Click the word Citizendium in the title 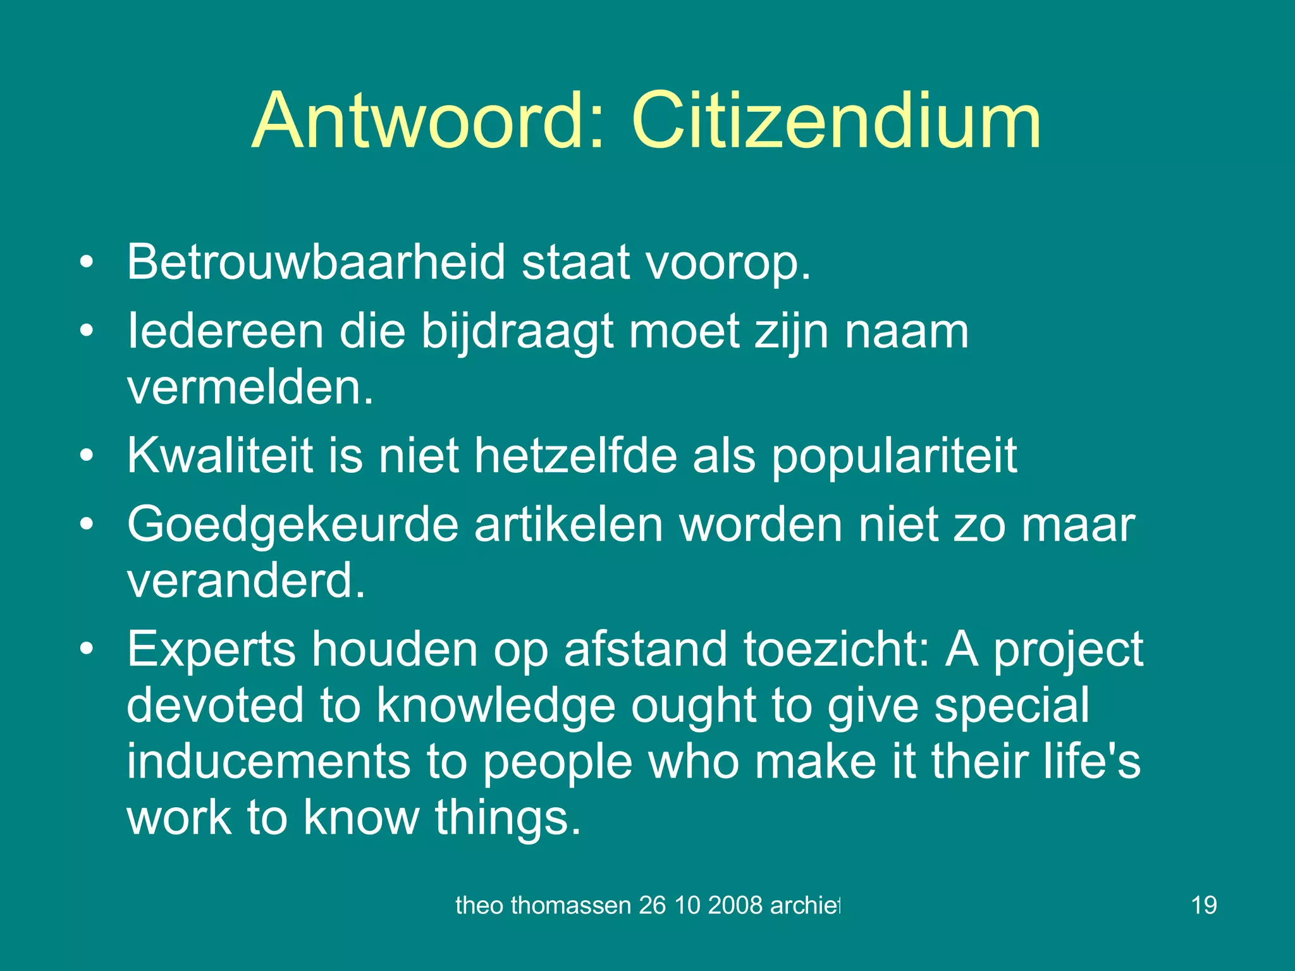coord(835,120)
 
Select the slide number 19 coord(1203,905)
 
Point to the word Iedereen coord(225,331)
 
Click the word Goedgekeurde coord(292,524)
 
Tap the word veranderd coord(246,580)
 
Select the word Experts coord(211,649)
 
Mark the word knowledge coord(496,705)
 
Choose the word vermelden coord(250,386)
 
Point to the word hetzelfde coord(575,455)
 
